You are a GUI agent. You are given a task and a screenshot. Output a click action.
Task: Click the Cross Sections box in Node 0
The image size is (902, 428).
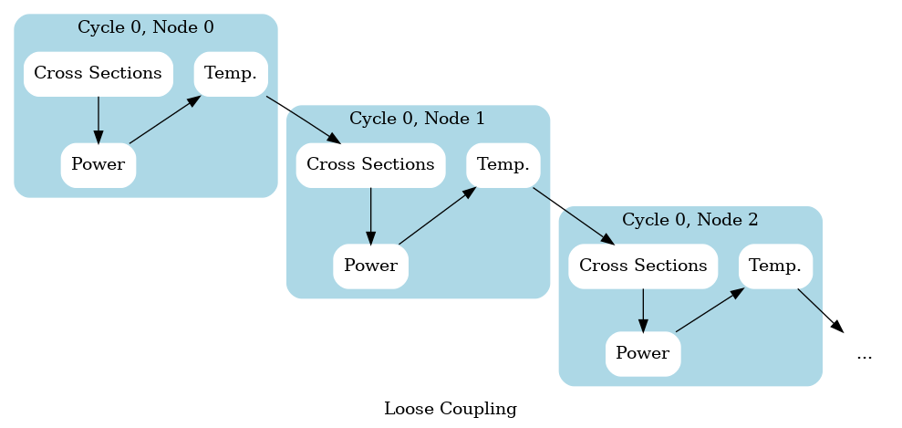98,74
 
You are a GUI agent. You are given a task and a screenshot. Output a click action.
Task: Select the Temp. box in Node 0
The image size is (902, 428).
230,74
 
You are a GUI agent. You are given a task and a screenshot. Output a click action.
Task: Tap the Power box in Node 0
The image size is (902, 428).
98,165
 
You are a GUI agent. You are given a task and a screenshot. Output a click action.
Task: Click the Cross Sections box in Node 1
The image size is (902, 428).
370,165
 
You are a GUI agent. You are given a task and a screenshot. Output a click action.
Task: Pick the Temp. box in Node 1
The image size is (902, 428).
503,165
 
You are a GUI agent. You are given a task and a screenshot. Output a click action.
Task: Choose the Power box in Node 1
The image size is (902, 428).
370,266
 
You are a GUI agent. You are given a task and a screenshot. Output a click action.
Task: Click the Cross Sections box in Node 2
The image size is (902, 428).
643,266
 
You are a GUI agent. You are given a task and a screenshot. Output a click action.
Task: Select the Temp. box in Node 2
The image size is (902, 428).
775,266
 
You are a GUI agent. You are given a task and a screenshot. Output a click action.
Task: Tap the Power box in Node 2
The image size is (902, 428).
643,353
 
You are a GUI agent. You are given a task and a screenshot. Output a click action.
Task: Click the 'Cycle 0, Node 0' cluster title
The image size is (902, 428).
146,26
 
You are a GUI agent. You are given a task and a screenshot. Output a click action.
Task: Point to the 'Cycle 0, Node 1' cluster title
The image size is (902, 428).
418,118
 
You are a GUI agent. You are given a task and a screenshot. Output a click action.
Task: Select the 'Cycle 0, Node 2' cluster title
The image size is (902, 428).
690,219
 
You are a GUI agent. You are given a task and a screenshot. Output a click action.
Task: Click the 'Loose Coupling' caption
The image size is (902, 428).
451,409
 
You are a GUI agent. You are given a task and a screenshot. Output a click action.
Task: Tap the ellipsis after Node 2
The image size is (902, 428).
864,354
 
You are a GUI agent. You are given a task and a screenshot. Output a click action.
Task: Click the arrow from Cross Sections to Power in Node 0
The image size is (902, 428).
98,120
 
